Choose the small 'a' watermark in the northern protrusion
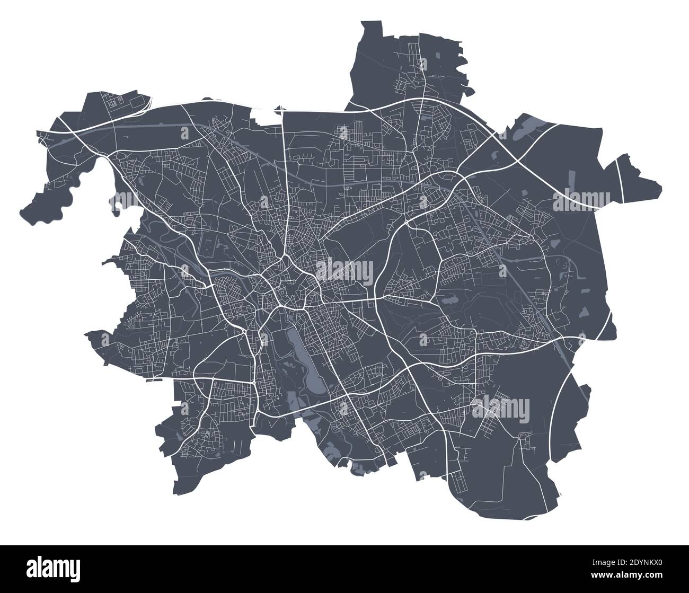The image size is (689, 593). (422, 65)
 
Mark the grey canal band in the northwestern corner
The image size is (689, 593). (79, 137)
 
